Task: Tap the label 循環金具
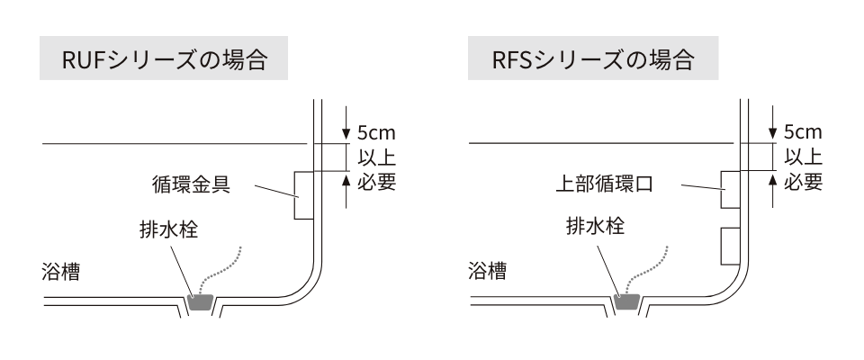tap(192, 186)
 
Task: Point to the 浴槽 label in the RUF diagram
tap(60, 272)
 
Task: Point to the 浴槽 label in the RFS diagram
tap(488, 272)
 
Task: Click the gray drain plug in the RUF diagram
tap(199, 303)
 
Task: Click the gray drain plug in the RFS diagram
tap(626, 303)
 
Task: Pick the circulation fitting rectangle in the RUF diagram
tap(302, 195)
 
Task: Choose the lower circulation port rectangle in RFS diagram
tap(730, 245)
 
